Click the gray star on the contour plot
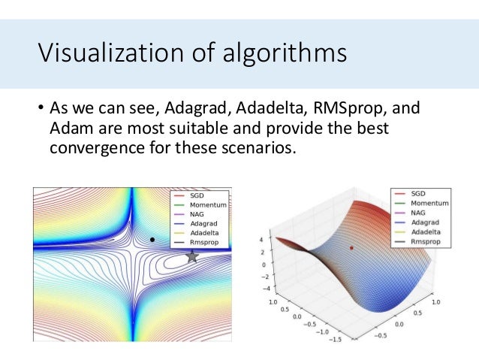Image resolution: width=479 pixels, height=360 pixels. click(192, 256)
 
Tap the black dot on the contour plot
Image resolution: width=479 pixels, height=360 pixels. click(152, 240)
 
